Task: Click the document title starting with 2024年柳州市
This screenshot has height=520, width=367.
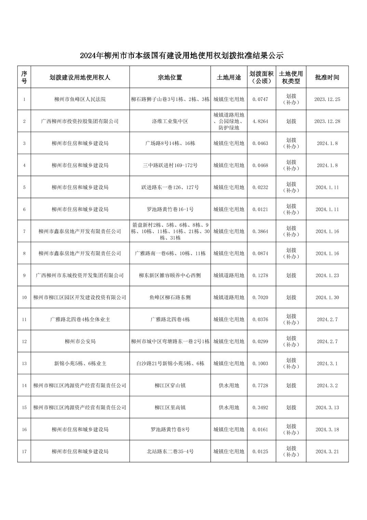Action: click(182, 55)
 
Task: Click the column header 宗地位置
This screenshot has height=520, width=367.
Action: click(170, 77)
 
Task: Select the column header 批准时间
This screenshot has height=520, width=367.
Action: click(327, 77)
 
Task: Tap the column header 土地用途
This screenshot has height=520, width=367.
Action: click(229, 77)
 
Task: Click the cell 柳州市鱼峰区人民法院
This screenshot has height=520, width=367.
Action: click(80, 99)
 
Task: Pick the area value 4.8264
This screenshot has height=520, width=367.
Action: click(260, 121)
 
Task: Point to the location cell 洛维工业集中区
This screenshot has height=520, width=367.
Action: click(170, 121)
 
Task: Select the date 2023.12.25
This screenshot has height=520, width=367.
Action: click(327, 99)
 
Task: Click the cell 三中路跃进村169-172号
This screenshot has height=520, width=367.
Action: click(170, 165)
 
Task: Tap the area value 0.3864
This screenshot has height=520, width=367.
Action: click(260, 231)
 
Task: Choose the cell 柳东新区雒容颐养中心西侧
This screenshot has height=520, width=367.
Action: click(170, 275)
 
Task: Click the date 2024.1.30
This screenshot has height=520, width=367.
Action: click(327, 297)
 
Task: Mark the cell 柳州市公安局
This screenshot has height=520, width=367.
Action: click(80, 341)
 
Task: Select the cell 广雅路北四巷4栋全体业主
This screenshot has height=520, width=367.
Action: click(80, 320)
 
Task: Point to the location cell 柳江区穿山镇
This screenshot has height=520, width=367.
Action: click(170, 386)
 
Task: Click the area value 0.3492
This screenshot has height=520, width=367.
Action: click(260, 407)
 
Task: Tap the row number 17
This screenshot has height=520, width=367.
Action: click(24, 452)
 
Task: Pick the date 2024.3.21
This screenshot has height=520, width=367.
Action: click(327, 452)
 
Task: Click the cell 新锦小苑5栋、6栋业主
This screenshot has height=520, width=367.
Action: click(80, 363)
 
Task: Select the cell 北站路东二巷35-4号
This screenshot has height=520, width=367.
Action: click(170, 452)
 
